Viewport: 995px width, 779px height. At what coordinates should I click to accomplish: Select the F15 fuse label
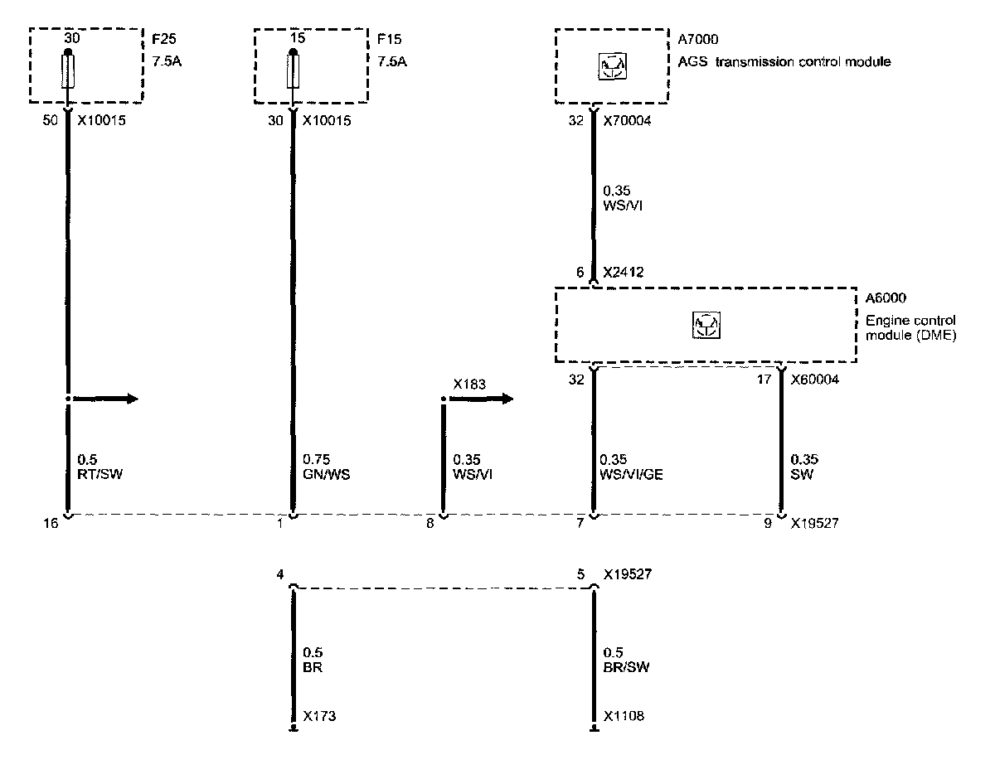387,39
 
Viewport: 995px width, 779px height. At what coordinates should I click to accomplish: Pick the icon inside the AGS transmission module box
611,65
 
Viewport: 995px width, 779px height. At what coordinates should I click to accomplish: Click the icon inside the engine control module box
705,324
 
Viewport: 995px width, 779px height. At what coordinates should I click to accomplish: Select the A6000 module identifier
881,298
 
